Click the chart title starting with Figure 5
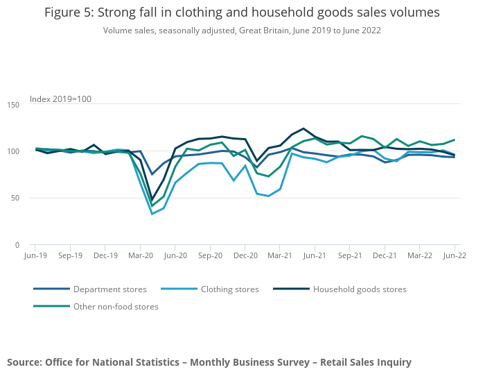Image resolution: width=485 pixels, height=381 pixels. click(242, 13)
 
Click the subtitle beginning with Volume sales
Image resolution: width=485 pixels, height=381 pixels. click(242, 31)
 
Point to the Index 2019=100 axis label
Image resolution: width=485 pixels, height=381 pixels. click(60, 99)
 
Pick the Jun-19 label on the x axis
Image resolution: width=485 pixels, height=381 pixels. click(35, 255)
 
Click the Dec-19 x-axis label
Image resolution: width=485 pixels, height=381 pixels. click(105, 255)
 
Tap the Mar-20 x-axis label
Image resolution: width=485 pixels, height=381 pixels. click(140, 255)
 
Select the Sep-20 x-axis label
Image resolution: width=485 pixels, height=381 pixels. click(210, 255)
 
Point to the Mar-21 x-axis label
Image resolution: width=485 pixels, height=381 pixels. click(280, 255)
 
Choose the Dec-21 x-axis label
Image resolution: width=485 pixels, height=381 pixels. click(385, 255)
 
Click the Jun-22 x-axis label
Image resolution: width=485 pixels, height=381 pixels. click(455, 255)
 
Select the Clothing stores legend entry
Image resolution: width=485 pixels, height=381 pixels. click(229, 289)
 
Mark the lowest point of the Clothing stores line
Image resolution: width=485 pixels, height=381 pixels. click(152, 214)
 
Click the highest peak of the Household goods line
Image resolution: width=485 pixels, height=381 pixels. click(303, 128)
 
